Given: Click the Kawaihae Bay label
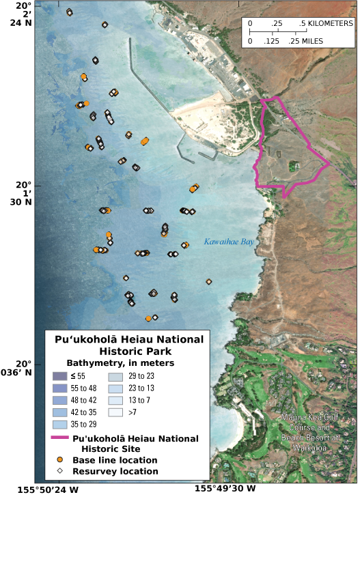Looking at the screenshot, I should point(229,242).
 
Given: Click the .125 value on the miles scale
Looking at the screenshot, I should point(272,41).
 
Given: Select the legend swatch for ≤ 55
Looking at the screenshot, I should point(59,376).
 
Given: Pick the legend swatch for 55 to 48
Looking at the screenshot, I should point(59,388).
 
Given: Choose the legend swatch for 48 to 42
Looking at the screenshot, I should point(59,401).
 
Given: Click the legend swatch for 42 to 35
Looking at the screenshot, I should point(59,413).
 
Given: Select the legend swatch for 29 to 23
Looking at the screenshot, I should point(115,376).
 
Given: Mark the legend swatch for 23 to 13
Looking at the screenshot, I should point(115,388).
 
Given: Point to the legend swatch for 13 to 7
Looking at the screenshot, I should point(115,401).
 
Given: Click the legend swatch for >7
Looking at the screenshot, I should point(115,413).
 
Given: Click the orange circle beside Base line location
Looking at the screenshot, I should point(59,460).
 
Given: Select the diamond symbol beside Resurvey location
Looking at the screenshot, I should point(59,471).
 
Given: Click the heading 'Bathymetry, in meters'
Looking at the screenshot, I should point(120,363).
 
